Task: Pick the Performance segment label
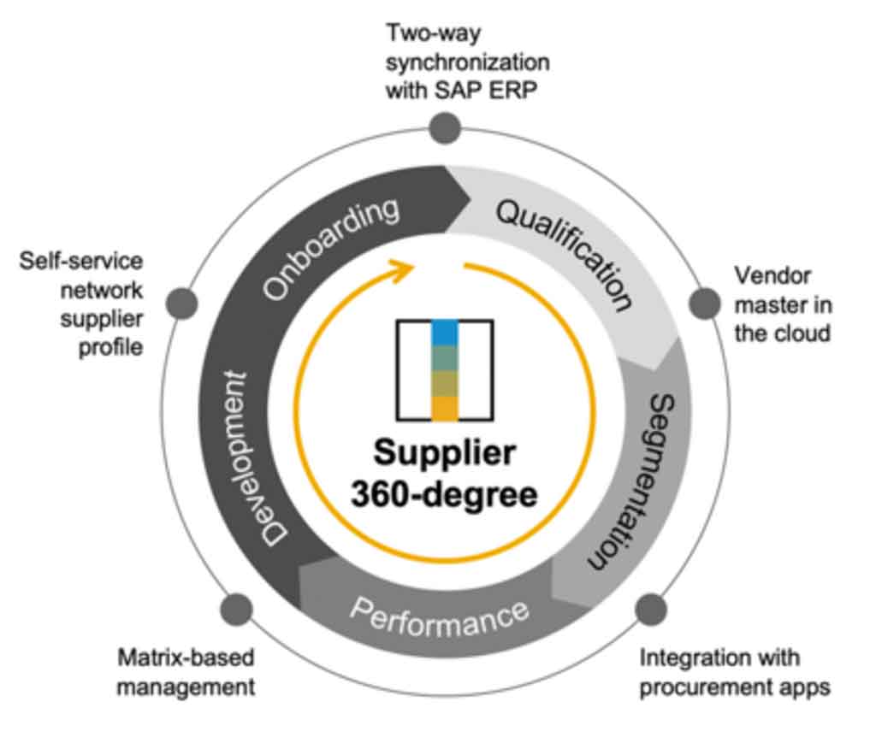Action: pyautogui.click(x=438, y=616)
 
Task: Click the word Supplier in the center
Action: pyautogui.click(x=444, y=454)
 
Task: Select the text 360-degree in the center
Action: pyautogui.click(x=444, y=494)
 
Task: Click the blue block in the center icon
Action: pyautogui.click(x=444, y=332)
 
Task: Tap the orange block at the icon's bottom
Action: pyautogui.click(x=444, y=408)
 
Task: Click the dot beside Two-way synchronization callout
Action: pyautogui.click(x=444, y=128)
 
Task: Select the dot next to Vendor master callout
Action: pyautogui.click(x=704, y=302)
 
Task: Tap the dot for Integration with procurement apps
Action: pyautogui.click(x=650, y=609)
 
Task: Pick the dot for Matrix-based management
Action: pyautogui.click(x=236, y=609)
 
